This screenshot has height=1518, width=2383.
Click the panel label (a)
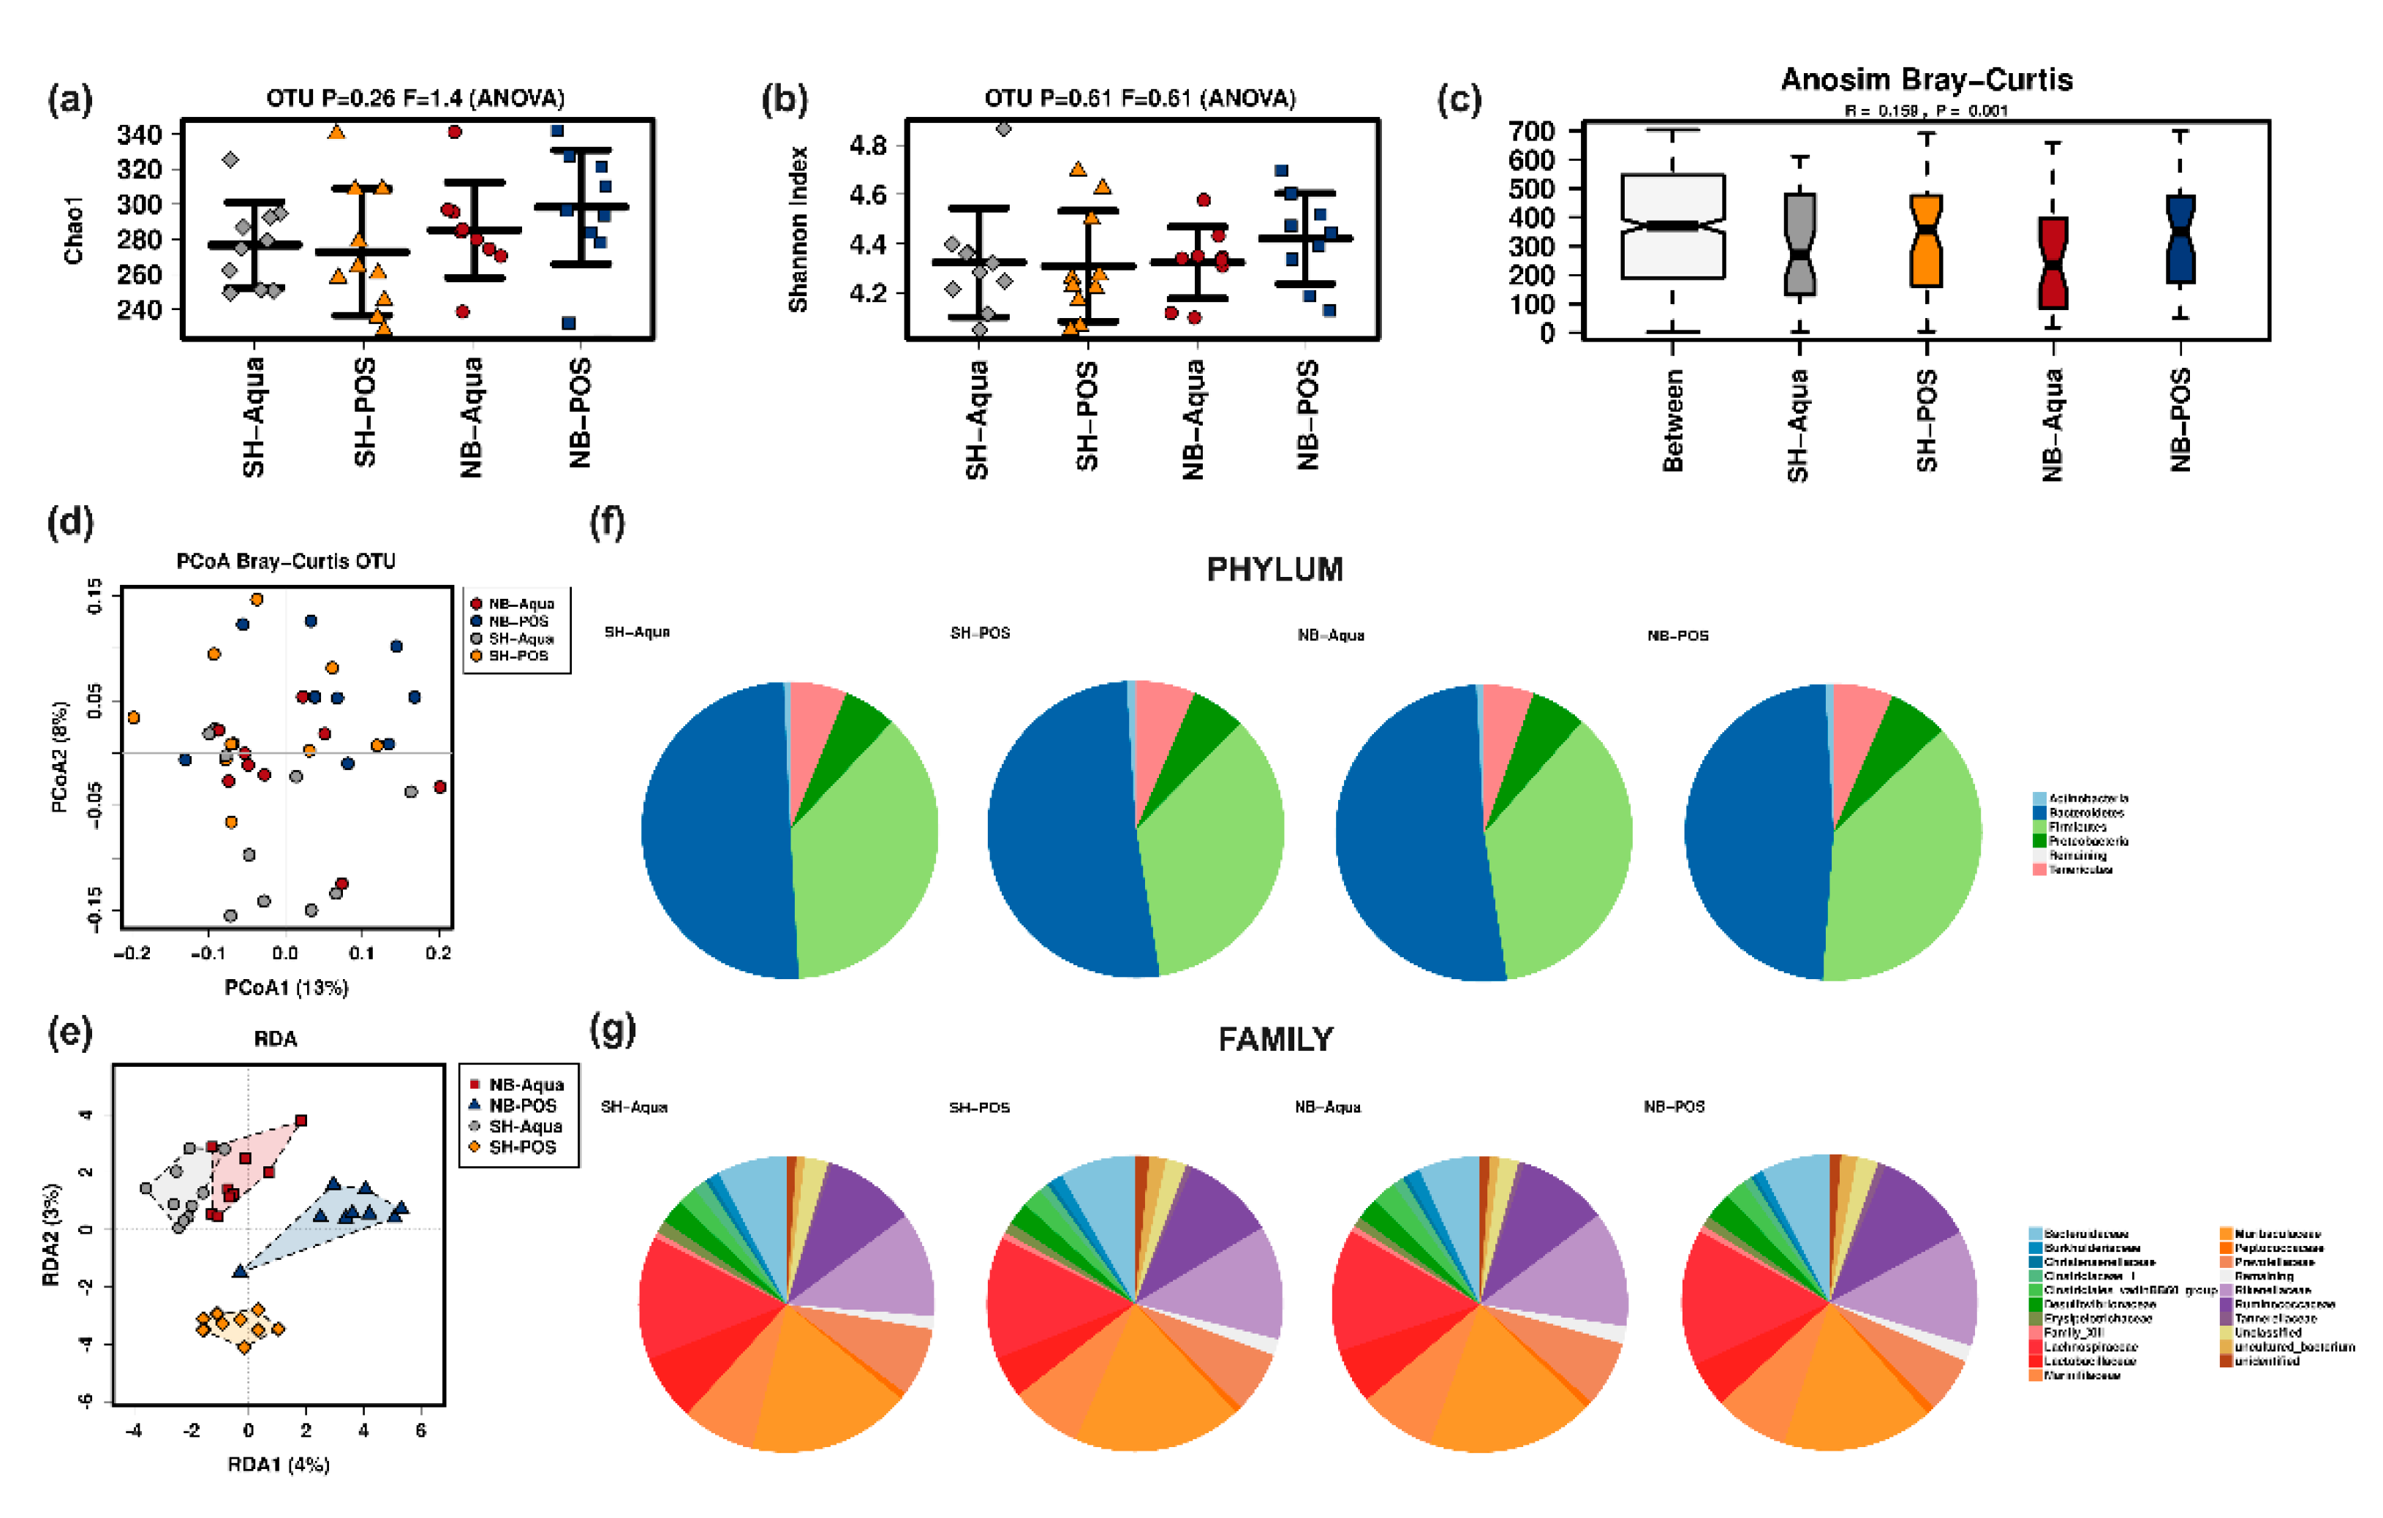[70, 100]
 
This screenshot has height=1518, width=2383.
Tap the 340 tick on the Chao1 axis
[138, 135]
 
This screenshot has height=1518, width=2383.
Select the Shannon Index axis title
[798, 230]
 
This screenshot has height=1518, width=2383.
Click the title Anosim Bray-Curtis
[1926, 79]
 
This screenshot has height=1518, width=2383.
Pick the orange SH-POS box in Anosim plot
[1926, 241]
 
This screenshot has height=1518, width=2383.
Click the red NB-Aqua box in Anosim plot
[2052, 263]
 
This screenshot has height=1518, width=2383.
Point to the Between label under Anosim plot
[1672, 420]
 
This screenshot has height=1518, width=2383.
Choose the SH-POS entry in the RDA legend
[521, 1147]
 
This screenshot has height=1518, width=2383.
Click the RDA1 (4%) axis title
[278, 1464]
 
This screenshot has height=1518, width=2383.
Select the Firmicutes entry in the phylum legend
[2077, 826]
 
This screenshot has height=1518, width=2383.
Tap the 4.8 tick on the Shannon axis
[867, 146]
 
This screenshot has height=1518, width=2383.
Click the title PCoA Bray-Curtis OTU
[286, 561]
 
